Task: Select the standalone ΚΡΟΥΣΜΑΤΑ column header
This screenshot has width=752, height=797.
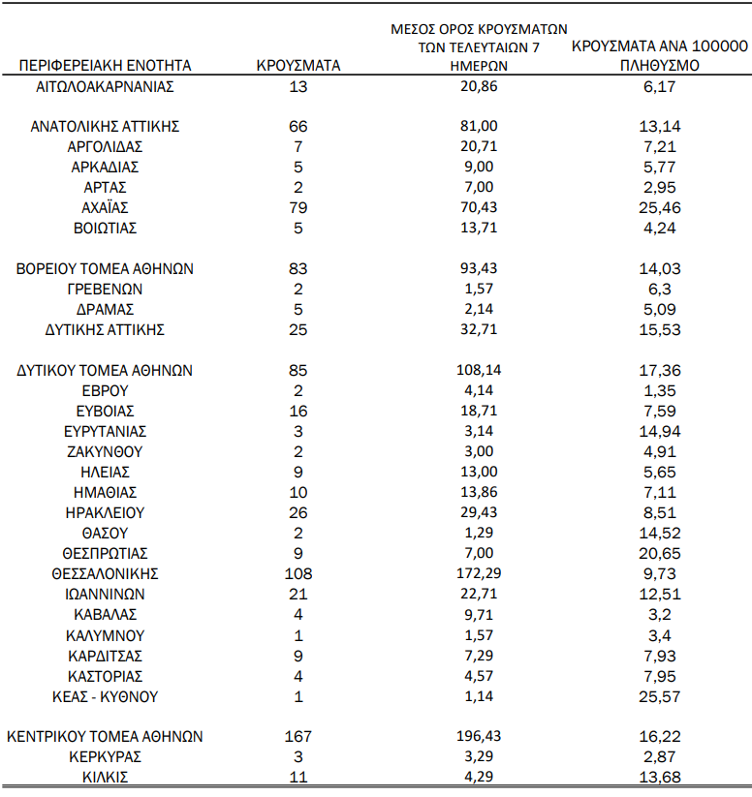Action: click(298, 66)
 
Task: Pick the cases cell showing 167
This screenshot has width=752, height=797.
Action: click(298, 737)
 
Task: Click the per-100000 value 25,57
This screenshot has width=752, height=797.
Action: click(659, 696)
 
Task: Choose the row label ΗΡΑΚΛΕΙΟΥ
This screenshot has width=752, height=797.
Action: click(106, 513)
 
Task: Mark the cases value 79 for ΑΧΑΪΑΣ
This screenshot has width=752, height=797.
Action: click(298, 208)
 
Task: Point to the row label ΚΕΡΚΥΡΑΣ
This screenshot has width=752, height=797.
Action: click(106, 756)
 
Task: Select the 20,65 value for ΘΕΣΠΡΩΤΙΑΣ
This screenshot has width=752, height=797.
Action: click(659, 554)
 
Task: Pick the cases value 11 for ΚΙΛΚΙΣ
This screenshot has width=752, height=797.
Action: click(298, 777)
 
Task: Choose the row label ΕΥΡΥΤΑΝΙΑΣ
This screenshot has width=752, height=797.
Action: click(106, 432)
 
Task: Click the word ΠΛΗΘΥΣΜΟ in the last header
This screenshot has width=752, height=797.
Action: click(659, 66)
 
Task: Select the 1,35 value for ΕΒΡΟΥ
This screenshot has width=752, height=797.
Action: click(659, 391)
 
